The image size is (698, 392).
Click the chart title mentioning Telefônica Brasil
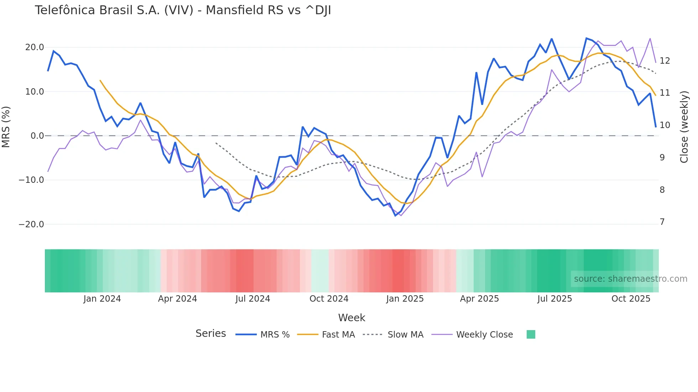click(x=183, y=10)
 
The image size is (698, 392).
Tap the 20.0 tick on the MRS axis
click(x=35, y=47)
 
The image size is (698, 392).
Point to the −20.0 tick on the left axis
click(x=31, y=224)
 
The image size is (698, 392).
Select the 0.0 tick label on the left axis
click(x=37, y=136)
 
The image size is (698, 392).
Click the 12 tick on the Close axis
click(x=665, y=61)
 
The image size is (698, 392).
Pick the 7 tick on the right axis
click(x=662, y=222)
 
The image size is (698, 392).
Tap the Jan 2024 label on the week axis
click(x=102, y=299)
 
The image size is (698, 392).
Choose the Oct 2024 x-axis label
click(x=329, y=299)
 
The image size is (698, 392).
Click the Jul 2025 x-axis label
click(x=554, y=299)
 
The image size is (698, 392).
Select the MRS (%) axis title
click(x=6, y=127)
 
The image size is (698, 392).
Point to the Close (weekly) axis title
click(x=684, y=127)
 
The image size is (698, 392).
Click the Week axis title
click(x=351, y=318)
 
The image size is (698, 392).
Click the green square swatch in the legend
click(x=531, y=334)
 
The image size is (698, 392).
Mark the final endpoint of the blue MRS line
click(x=656, y=127)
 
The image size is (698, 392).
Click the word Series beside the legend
click(x=210, y=334)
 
